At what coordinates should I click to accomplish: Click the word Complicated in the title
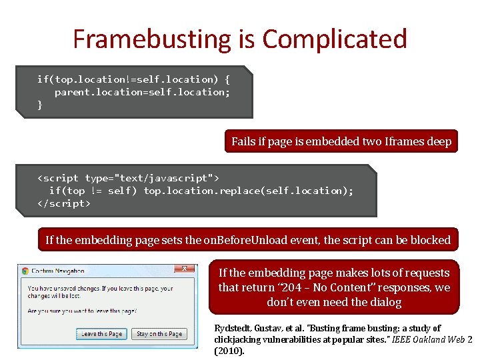click(x=334, y=39)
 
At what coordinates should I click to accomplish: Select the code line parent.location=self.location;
click(x=142, y=92)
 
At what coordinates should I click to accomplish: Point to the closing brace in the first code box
click(x=40, y=105)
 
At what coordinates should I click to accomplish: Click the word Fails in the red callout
click(x=243, y=141)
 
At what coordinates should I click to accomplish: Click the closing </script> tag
click(x=63, y=203)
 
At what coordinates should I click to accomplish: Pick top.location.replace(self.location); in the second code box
click(x=249, y=191)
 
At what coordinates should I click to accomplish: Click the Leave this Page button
click(x=102, y=333)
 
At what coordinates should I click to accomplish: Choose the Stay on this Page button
click(x=159, y=333)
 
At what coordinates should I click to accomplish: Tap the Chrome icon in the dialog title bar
click(x=25, y=271)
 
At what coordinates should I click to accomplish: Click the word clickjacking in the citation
click(x=242, y=339)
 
